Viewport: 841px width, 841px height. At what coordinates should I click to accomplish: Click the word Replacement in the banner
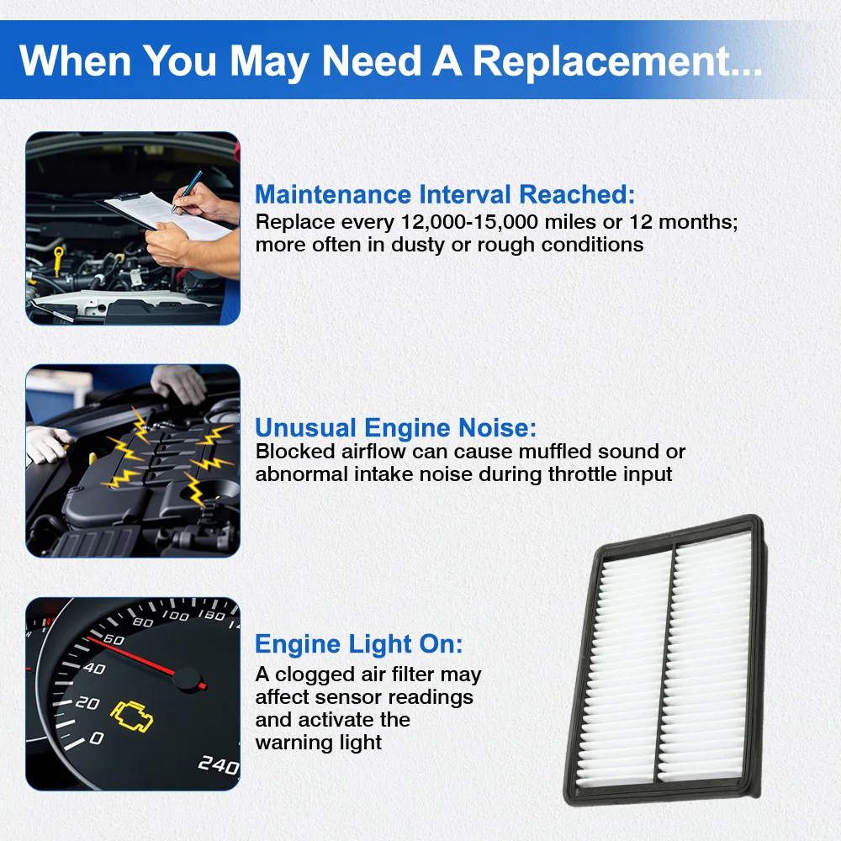pos(617,61)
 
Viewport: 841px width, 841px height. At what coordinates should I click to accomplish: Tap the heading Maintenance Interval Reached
pos(445,194)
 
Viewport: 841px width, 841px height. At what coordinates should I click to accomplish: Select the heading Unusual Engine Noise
pos(396,427)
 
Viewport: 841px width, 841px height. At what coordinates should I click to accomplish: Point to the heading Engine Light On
pos(359,644)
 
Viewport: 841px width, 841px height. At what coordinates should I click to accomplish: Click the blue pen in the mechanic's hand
pos(187,192)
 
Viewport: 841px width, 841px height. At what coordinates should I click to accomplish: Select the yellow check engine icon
pos(131,716)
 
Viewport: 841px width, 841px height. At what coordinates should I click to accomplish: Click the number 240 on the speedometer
pos(219,764)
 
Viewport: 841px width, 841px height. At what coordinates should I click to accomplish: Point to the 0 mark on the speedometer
pos(97,738)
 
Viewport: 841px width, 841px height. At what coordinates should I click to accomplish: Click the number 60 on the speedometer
pos(114,639)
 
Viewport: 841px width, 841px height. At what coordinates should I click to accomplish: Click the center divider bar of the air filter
pos(664,665)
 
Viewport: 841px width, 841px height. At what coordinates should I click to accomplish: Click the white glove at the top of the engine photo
pos(178,383)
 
